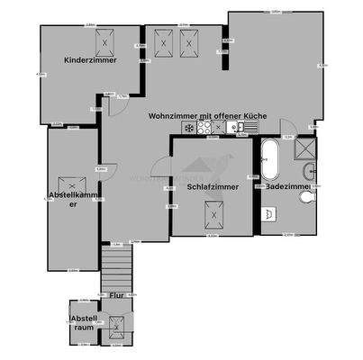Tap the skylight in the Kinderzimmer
pyautogui.click(x=105, y=41)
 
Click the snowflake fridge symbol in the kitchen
pyautogui.click(x=188, y=128)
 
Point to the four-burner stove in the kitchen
pyautogui.click(x=204, y=128)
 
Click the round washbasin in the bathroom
pyautogui.click(x=311, y=171)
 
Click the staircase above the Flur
pyautogui.click(x=116, y=270)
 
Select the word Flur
pyautogui.click(x=116, y=294)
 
